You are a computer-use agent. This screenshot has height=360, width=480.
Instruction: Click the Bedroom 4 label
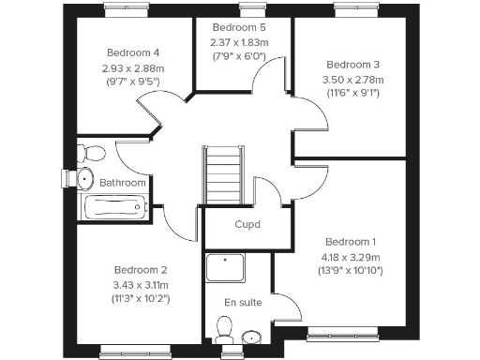(132, 52)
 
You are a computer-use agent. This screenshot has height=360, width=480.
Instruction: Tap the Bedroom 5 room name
(240, 27)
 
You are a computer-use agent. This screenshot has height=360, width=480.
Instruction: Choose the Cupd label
(247, 225)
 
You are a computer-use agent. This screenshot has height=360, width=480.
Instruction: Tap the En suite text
(243, 302)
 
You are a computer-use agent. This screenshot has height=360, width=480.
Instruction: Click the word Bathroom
(123, 183)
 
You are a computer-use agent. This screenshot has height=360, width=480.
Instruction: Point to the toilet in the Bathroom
(90, 153)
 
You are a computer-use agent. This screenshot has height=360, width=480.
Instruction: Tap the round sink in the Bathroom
(85, 178)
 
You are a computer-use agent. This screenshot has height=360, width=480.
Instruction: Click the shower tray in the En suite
(225, 268)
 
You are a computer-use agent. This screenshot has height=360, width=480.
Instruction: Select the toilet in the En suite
(223, 329)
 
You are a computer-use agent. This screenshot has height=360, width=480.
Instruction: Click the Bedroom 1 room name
(350, 240)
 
